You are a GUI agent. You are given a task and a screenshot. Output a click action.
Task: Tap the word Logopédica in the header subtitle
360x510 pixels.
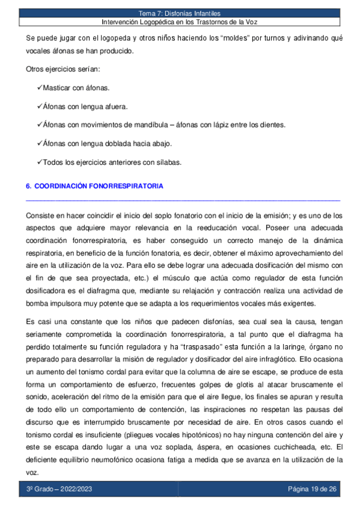click(157, 22)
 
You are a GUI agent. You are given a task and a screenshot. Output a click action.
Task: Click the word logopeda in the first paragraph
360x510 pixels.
click(100, 38)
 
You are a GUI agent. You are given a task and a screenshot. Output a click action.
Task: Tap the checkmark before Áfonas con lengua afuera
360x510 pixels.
click(40, 106)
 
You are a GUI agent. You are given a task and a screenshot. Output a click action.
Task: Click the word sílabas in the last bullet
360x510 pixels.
click(167, 162)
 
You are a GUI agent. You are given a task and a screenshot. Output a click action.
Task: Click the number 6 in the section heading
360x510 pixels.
click(29, 186)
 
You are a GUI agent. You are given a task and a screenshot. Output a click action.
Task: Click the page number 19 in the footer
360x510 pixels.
click(312, 488)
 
